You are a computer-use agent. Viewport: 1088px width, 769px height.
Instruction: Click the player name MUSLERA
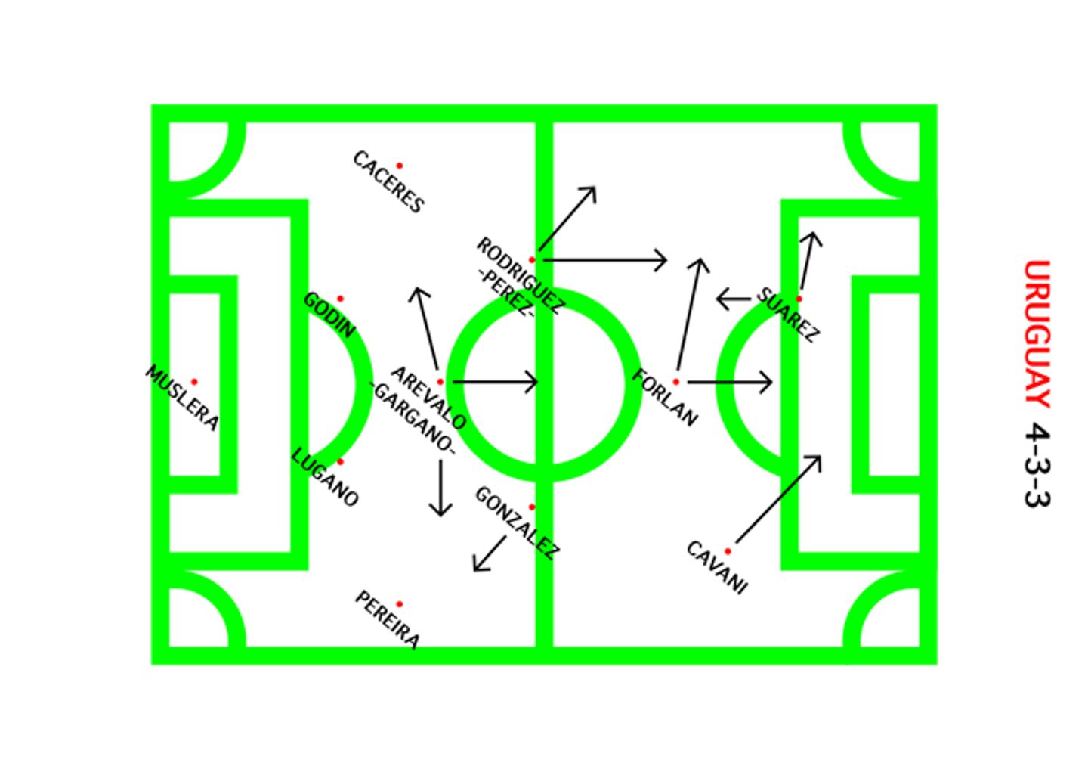[x=182, y=398]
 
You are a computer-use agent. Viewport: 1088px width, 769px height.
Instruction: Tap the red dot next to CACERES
[x=399, y=166]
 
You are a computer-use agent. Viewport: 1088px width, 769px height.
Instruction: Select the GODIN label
[x=329, y=315]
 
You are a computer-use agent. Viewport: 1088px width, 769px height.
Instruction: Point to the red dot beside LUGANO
[x=340, y=461]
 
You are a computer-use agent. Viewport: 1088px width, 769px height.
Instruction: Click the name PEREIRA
[x=388, y=620]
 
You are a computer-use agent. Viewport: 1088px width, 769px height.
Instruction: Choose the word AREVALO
[x=428, y=398]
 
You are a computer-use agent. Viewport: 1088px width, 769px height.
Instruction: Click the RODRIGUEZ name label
[x=521, y=275]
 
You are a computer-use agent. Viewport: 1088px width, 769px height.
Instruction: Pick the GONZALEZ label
[x=518, y=522]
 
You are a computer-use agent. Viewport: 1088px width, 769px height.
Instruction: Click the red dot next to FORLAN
[x=675, y=382]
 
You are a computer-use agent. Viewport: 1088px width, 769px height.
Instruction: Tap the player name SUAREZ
[x=788, y=315]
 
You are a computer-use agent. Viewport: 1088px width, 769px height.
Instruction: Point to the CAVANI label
[x=717, y=567]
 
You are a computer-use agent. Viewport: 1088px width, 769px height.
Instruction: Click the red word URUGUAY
[x=1037, y=334]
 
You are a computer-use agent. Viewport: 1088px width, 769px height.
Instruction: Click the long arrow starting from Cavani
[x=778, y=499]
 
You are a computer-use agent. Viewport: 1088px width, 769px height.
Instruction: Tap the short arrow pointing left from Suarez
[x=734, y=299]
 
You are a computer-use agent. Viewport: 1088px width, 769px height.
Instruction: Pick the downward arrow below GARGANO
[x=440, y=488]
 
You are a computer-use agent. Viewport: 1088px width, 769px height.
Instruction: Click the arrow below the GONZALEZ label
[x=490, y=553]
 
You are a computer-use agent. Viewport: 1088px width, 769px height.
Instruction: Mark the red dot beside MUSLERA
[x=194, y=382]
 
